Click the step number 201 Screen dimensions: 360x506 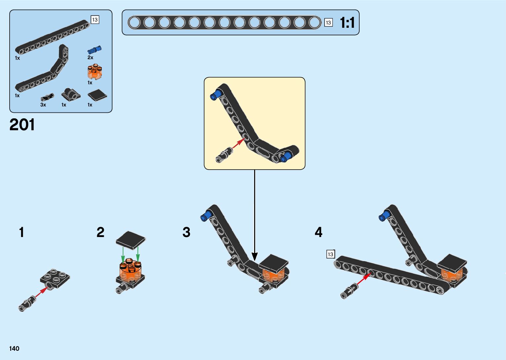click(x=22, y=125)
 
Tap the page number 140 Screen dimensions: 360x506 click(x=15, y=348)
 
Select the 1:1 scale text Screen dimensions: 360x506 click(x=347, y=23)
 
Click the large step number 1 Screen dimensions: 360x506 click(x=22, y=232)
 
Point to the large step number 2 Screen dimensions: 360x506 click(x=100, y=232)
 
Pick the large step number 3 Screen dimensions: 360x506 click(x=186, y=232)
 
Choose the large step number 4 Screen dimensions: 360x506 click(x=318, y=232)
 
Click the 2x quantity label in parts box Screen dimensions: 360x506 click(x=90, y=58)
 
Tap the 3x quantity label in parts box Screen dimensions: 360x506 click(x=43, y=105)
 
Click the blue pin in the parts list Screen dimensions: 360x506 click(x=94, y=50)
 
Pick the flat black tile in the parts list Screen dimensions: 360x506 click(x=97, y=96)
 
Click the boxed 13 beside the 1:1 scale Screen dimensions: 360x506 click(x=328, y=22)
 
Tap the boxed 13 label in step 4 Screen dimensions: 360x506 click(x=330, y=254)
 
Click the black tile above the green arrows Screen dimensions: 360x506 click(x=131, y=240)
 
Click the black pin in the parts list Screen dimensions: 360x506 click(x=47, y=97)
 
